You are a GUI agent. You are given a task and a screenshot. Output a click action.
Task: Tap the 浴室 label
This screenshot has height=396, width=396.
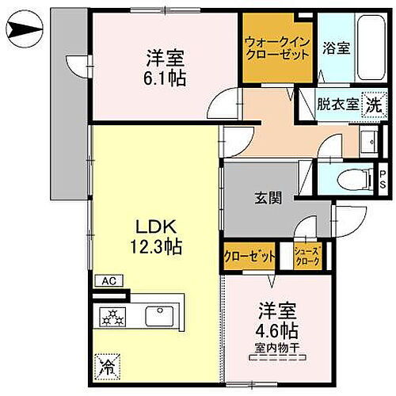coord(337,48)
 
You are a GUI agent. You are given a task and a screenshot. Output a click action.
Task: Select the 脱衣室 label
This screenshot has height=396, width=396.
coord(337,103)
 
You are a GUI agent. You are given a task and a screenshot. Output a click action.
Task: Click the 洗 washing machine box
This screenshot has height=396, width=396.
coord(373,102)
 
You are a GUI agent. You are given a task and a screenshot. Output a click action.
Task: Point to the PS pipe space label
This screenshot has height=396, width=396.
coord(383,179)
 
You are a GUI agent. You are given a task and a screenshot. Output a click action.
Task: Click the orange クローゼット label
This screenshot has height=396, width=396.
coord(249,257)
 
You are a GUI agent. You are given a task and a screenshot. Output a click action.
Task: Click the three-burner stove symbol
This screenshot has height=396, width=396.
coord(114,318)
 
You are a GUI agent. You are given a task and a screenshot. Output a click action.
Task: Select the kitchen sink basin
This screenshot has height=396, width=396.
coord(161,316)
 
